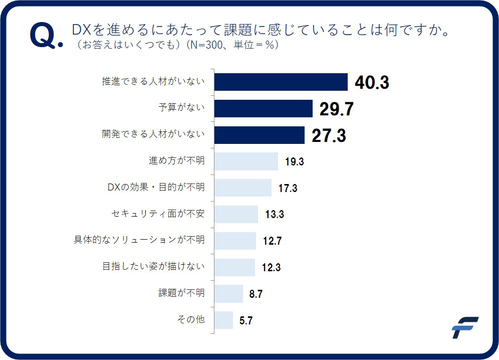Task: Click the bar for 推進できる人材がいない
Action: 281,82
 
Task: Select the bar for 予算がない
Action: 263,108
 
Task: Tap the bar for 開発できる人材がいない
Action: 259,135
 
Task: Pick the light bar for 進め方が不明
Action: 246,161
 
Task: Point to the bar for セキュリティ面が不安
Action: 236,214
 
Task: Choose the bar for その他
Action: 223,320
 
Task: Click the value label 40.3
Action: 372,83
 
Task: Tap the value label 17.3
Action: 288,189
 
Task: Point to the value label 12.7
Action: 272,241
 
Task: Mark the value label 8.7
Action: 256,294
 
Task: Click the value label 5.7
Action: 245,321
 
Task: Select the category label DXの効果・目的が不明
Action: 156,188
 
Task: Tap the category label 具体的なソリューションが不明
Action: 139,240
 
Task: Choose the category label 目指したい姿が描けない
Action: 153,266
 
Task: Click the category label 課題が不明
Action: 181,293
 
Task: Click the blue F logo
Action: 464,327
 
